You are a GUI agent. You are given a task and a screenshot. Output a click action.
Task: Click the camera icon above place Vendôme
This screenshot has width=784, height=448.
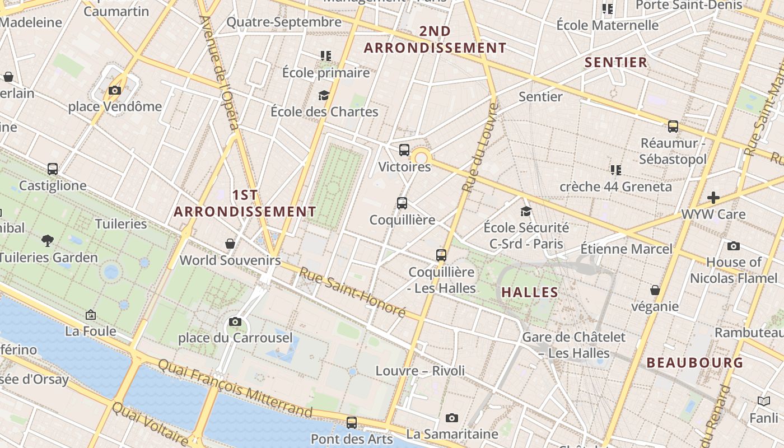point(115,90)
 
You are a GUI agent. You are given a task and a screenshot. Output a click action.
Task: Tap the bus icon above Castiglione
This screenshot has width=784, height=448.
point(53,169)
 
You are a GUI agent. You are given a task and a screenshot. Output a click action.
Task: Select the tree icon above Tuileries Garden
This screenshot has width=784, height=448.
point(48,241)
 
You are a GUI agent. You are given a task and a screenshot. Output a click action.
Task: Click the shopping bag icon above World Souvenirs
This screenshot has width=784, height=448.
point(230,243)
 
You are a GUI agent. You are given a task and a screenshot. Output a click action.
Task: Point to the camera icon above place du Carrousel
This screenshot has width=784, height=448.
point(235,321)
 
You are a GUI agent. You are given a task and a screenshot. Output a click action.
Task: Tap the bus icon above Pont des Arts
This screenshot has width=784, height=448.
point(352,422)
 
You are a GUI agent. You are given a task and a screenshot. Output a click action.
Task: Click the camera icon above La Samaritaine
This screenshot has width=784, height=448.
point(452,418)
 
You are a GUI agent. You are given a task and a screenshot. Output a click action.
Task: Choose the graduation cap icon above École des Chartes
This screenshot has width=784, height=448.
point(324,95)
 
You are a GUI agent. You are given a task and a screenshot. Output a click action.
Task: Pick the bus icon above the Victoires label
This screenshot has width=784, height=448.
point(404,150)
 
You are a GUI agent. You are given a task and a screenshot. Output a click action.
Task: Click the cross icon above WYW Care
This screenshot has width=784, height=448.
point(713,197)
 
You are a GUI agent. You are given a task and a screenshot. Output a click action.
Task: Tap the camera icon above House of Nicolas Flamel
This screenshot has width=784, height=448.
point(733,246)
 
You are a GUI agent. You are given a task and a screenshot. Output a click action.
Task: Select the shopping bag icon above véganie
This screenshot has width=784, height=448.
point(655,290)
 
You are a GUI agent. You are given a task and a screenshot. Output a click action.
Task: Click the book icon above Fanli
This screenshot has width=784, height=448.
point(764,401)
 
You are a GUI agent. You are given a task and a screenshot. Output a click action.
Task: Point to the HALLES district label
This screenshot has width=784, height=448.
point(530,292)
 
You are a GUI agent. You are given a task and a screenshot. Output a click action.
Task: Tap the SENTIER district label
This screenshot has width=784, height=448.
point(616,62)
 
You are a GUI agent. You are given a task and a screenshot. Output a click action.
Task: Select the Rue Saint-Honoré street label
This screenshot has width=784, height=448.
point(352,292)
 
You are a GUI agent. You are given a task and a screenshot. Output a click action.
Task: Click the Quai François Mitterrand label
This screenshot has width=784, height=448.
point(235,388)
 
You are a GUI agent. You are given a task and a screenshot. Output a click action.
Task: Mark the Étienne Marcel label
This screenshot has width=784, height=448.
point(626,248)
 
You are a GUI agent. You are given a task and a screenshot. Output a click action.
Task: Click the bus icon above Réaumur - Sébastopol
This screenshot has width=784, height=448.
point(673,126)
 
